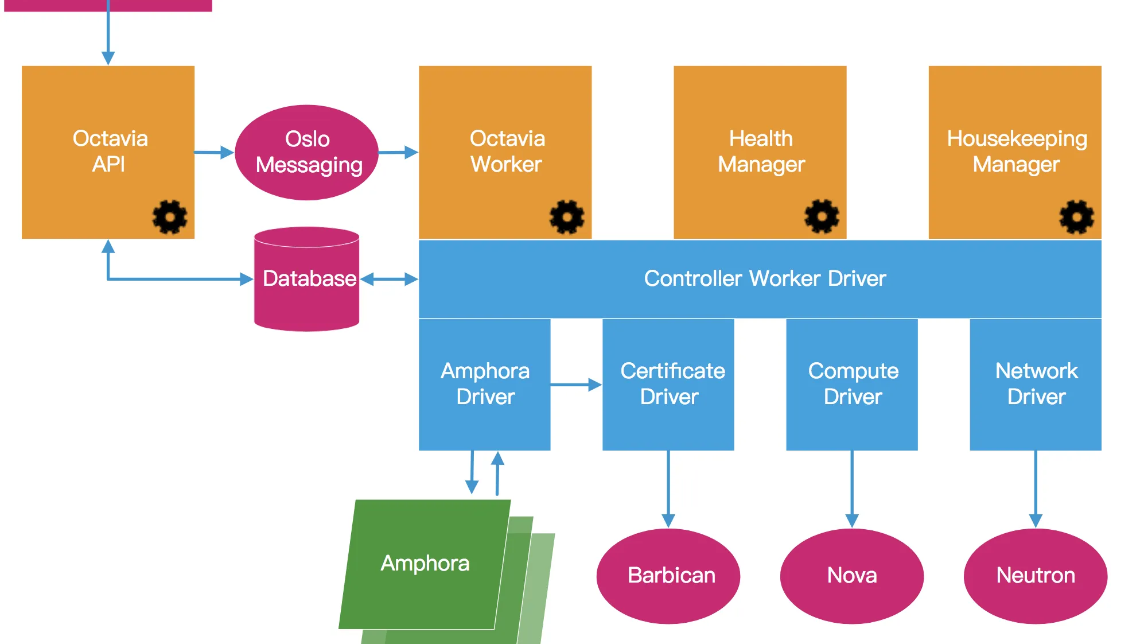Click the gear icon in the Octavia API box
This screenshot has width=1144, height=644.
(170, 217)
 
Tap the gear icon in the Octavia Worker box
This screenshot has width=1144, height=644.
(567, 217)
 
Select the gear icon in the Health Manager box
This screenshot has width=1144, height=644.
(822, 216)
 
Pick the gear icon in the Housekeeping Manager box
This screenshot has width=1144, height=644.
(1076, 217)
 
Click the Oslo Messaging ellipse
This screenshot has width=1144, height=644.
(307, 152)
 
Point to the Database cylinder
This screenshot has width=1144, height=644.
(307, 280)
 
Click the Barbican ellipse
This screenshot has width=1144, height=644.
(668, 576)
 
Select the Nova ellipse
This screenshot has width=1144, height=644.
(852, 576)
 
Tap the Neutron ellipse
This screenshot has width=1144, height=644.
(1036, 576)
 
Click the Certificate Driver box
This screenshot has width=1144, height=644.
(668, 384)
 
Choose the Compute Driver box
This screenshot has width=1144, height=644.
(852, 384)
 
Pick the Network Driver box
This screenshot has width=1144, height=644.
(1036, 384)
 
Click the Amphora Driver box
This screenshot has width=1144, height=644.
(485, 384)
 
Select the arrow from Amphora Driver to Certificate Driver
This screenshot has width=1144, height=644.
(576, 385)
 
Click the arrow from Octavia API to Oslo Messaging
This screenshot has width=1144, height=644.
(214, 153)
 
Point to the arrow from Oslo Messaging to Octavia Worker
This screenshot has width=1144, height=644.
(398, 153)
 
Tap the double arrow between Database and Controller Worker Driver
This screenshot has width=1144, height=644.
(389, 280)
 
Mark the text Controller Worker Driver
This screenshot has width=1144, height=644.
(765, 279)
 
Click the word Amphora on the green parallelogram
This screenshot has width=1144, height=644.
(425, 564)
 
